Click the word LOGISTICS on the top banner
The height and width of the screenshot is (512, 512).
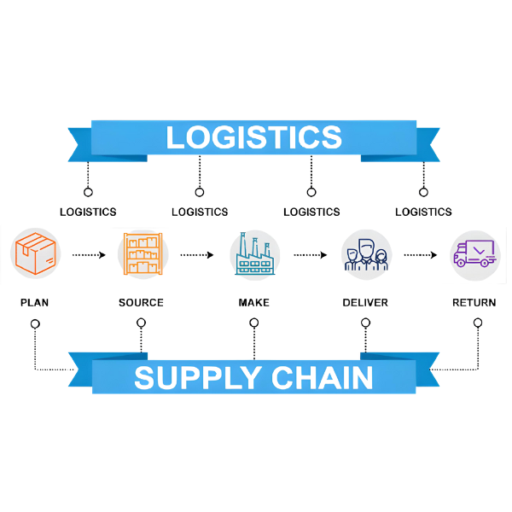[253, 137]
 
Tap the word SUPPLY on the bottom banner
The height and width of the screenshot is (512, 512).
[189, 376]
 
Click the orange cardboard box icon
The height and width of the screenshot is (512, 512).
[35, 254]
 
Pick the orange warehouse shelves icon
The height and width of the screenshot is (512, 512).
[143, 254]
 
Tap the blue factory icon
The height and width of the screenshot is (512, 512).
[254, 254]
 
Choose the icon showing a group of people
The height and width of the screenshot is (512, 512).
[366, 254]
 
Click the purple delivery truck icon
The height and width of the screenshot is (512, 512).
[474, 254]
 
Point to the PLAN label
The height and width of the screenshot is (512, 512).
[34, 302]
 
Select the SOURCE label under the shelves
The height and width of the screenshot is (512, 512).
[142, 302]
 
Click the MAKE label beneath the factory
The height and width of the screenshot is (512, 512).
[253, 302]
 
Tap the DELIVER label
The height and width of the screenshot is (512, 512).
[365, 302]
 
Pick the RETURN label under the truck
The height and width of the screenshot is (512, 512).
[474, 302]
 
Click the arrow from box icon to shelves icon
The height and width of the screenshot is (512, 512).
[89, 254]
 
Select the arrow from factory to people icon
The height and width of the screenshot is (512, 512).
[311, 254]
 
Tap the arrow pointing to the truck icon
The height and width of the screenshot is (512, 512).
[421, 254]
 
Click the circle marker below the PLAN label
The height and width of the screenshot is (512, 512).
[34, 323]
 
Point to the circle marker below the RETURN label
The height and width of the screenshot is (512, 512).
[478, 323]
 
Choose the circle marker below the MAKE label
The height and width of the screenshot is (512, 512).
[253, 323]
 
